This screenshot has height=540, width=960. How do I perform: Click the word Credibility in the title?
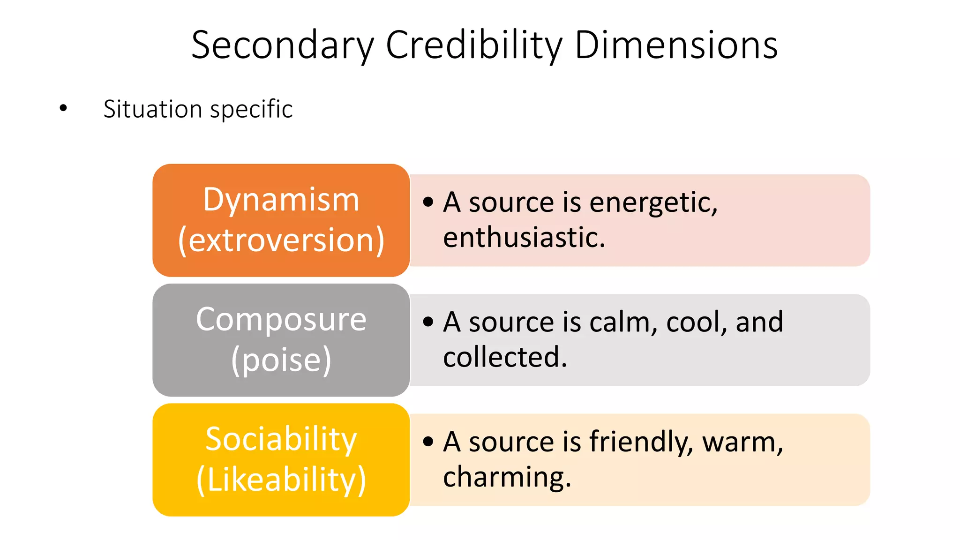click(473, 45)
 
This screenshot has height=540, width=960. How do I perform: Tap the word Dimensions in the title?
click(676, 45)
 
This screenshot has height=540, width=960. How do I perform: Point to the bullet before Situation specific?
click(63, 109)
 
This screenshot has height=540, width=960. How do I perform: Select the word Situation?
click(153, 109)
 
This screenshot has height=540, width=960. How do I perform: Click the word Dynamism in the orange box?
click(281, 200)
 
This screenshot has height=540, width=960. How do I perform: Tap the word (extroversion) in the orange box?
click(281, 240)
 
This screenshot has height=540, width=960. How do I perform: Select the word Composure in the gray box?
click(281, 320)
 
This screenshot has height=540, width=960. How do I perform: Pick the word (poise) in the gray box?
click(281, 360)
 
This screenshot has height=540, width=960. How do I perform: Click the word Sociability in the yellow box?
click(281, 440)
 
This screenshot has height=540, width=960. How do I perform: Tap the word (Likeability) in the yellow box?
click(281, 480)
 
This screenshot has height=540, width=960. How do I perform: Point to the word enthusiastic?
click(524, 238)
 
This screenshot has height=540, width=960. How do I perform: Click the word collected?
click(505, 357)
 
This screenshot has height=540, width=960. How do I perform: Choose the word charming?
click(507, 478)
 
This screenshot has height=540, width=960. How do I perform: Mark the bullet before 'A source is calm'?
click(427, 322)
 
